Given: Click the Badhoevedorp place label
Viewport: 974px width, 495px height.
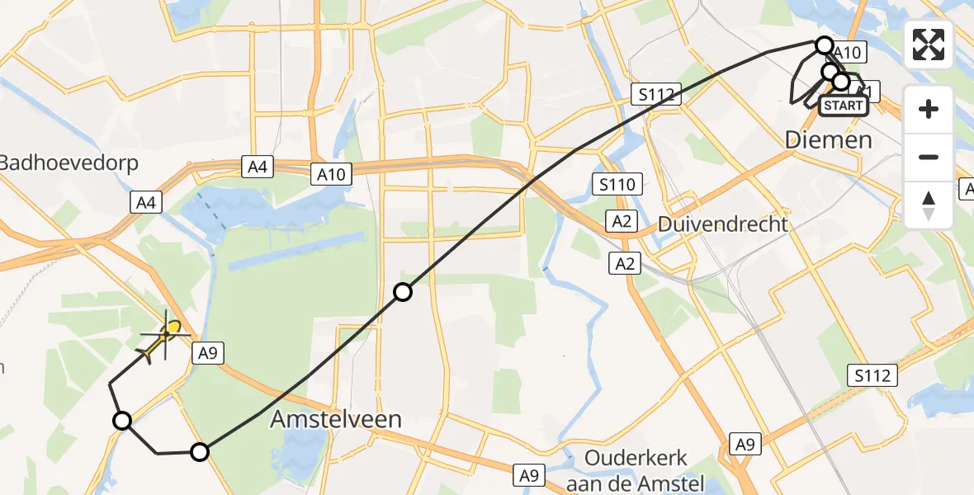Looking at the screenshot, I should [69, 162].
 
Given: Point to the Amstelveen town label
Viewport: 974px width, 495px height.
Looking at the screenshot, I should [336, 418].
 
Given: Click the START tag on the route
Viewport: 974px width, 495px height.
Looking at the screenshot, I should [844, 105].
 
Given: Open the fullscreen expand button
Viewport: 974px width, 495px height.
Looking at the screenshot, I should [929, 45].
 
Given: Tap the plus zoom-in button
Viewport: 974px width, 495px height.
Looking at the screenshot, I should [929, 109].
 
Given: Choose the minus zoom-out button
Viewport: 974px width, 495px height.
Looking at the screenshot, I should [929, 157].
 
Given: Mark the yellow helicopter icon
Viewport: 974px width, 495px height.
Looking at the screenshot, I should [163, 339].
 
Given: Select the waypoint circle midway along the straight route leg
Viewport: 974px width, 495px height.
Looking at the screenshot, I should [402, 291].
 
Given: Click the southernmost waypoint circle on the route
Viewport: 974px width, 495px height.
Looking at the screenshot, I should [200, 451].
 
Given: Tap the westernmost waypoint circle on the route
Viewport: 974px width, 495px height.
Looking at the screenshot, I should [122, 422].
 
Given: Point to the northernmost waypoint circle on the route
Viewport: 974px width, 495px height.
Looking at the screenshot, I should [824, 45].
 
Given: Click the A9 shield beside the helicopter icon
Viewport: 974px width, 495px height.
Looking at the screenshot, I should [206, 354].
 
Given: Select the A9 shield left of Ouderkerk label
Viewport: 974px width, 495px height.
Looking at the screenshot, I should [528, 474].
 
